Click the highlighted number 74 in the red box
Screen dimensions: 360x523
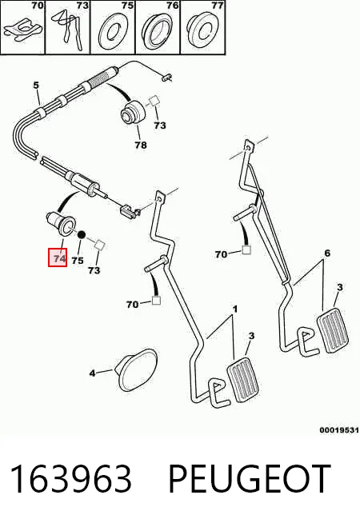click(60, 258)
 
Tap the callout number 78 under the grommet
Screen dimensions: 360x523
click(141, 145)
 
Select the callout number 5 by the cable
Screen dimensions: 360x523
click(36, 85)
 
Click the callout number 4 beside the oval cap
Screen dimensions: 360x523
click(93, 373)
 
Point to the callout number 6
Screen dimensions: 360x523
click(327, 254)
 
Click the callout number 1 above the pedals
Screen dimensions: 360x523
click(235, 309)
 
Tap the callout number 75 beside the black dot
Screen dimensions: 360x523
click(78, 260)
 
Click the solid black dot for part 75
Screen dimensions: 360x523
click(81, 235)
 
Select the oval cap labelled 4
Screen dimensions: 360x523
click(138, 369)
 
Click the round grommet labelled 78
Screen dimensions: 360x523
click(133, 113)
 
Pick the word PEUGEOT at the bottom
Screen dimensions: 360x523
click(250, 479)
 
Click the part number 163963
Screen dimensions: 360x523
click(70, 479)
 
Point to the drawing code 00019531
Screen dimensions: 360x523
click(339, 430)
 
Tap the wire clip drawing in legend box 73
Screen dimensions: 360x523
click(68, 30)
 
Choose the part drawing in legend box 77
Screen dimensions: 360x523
click(202, 30)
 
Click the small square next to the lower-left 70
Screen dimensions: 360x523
click(156, 300)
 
